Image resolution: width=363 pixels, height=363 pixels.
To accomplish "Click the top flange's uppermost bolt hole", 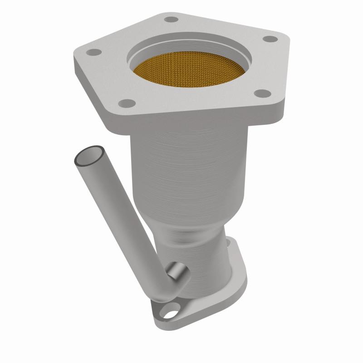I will point(171,20).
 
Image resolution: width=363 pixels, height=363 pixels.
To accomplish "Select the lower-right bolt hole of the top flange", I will point(260,93).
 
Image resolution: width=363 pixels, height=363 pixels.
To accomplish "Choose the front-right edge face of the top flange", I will point(204,118).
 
